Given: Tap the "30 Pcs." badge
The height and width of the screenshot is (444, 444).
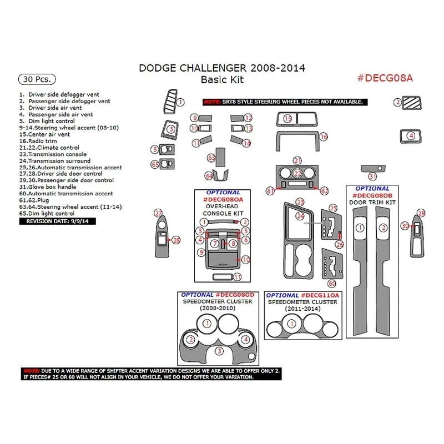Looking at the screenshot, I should click(x=34, y=78).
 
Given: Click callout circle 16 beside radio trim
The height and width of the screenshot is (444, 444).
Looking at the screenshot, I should click(x=324, y=137).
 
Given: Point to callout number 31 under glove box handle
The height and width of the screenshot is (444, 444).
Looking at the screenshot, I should click(x=373, y=176).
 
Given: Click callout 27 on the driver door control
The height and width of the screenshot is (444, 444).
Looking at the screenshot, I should click(x=158, y=213).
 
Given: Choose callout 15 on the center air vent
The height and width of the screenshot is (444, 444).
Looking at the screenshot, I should click(x=287, y=119).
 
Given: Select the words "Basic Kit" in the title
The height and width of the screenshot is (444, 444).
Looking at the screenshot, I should click(x=222, y=79).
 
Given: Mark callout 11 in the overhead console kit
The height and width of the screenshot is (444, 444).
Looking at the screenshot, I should click(x=238, y=277).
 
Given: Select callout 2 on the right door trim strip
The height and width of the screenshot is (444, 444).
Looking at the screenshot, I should click(x=382, y=228).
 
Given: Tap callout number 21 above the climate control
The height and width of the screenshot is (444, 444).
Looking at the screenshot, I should click(x=297, y=160).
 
